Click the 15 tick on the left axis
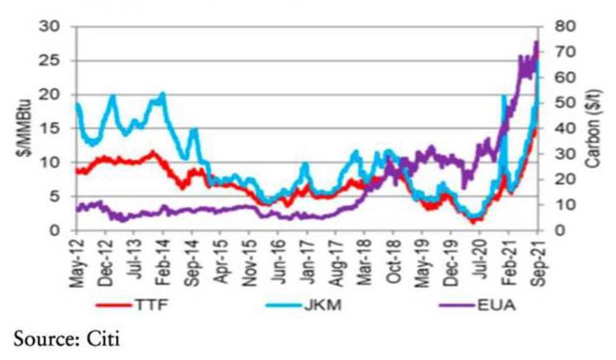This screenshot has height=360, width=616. [x=55, y=129]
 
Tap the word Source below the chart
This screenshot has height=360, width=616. [x=43, y=341]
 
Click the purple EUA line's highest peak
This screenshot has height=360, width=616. [x=536, y=42]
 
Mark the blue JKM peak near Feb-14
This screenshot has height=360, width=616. [x=163, y=94]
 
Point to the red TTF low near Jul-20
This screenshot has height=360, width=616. [x=473, y=222]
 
